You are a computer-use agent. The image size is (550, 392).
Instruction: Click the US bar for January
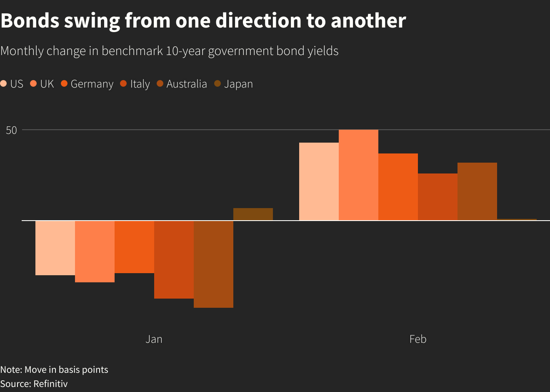click(x=55, y=248)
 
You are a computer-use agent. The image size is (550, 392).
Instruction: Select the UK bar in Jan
click(x=95, y=251)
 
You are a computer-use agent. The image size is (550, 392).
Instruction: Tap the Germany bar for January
click(x=134, y=247)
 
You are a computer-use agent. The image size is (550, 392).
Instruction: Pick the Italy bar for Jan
click(x=174, y=259)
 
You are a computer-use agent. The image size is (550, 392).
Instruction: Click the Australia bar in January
click(x=213, y=264)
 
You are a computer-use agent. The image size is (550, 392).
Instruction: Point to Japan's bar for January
click(x=253, y=214)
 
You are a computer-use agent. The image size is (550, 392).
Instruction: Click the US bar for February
click(x=319, y=181)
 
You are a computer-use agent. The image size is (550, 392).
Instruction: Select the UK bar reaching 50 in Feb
click(x=358, y=175)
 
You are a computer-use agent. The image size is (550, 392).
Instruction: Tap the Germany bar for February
click(x=398, y=187)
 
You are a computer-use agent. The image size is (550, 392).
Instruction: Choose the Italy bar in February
click(x=437, y=197)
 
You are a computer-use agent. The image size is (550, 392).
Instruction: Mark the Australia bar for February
click(x=477, y=191)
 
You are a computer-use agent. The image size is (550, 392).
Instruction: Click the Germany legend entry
click(x=87, y=84)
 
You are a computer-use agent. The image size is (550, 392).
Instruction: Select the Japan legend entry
click(x=234, y=84)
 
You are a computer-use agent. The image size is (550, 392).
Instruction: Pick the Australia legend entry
click(x=182, y=84)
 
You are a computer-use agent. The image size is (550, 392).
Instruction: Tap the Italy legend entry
click(x=135, y=84)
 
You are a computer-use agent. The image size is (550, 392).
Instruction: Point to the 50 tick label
click(x=12, y=130)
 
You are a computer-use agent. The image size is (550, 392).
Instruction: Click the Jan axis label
click(x=154, y=339)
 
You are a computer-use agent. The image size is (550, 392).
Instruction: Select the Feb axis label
click(x=417, y=339)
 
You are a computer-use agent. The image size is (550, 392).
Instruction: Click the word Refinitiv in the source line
click(x=50, y=384)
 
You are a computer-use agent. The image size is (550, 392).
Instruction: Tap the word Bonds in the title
click(x=30, y=21)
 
